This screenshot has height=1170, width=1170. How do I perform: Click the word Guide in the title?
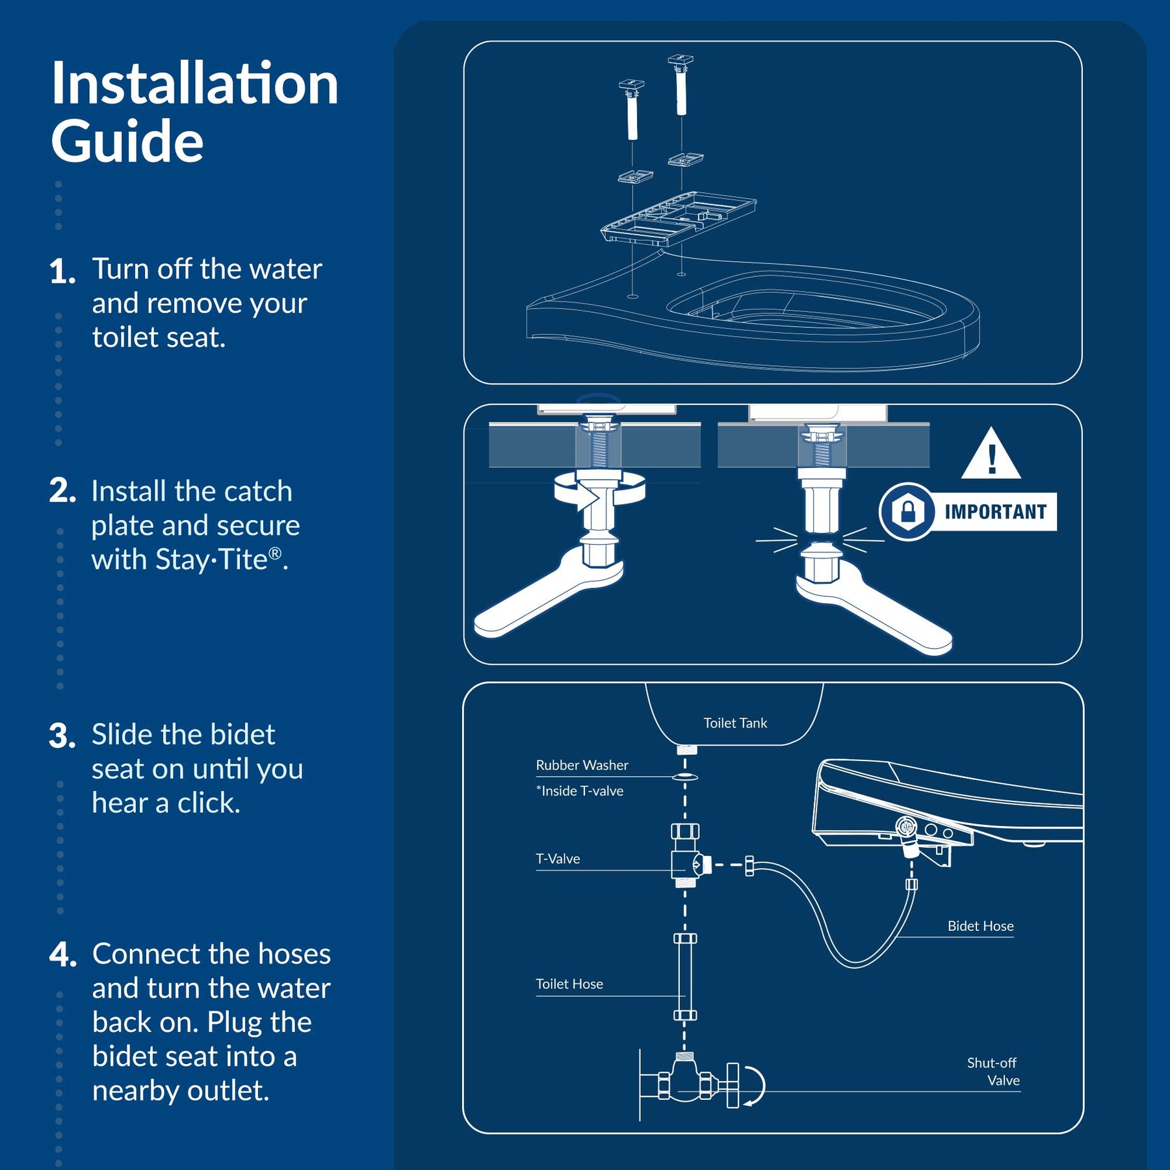[x=127, y=141]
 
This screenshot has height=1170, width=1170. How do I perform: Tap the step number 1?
[x=62, y=271]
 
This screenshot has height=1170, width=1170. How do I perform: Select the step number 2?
[x=62, y=491]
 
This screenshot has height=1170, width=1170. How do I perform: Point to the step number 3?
[x=62, y=736]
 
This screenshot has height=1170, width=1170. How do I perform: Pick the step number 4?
[x=63, y=955]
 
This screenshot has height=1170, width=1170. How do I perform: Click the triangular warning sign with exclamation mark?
[x=991, y=454]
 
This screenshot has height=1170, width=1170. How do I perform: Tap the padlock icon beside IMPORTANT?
[x=908, y=512]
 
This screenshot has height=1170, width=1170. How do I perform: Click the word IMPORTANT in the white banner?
[x=995, y=512]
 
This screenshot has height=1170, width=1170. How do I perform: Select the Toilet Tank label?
[x=735, y=723]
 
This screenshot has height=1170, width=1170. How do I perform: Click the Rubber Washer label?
[x=582, y=765]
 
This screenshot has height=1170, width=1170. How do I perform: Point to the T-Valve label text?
[x=558, y=859]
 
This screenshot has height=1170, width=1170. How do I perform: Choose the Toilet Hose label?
[x=569, y=984]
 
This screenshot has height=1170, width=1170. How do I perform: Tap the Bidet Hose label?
[x=980, y=926]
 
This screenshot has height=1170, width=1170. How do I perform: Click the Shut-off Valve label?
[x=993, y=1071]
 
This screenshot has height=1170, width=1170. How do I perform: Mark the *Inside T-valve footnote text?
[x=579, y=791]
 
